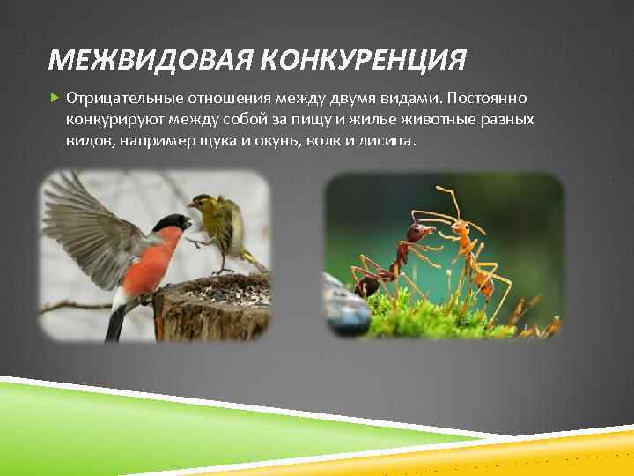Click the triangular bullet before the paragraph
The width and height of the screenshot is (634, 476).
54,95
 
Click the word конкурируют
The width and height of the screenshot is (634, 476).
112,118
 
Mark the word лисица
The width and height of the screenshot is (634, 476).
387,141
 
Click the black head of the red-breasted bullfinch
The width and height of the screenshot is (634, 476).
172,224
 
